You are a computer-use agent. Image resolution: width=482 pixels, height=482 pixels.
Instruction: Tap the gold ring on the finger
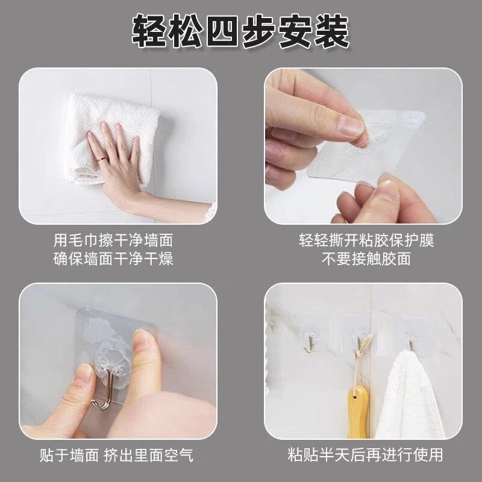point(102,159)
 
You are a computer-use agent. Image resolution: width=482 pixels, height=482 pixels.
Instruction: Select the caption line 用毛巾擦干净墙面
point(113,240)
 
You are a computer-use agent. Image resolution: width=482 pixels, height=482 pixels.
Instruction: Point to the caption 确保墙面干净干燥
point(113,258)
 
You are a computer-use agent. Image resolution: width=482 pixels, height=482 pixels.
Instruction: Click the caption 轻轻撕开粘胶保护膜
point(366,240)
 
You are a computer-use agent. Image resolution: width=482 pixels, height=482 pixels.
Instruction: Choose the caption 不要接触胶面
point(366,258)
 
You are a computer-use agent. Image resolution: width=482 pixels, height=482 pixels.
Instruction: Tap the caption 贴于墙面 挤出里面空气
point(116,455)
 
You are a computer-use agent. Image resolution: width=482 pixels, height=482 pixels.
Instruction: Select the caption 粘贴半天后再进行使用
point(365,455)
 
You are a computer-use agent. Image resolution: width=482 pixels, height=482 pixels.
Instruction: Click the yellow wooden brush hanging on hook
point(358,412)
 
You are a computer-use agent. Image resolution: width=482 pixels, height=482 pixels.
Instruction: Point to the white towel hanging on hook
point(409,396)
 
